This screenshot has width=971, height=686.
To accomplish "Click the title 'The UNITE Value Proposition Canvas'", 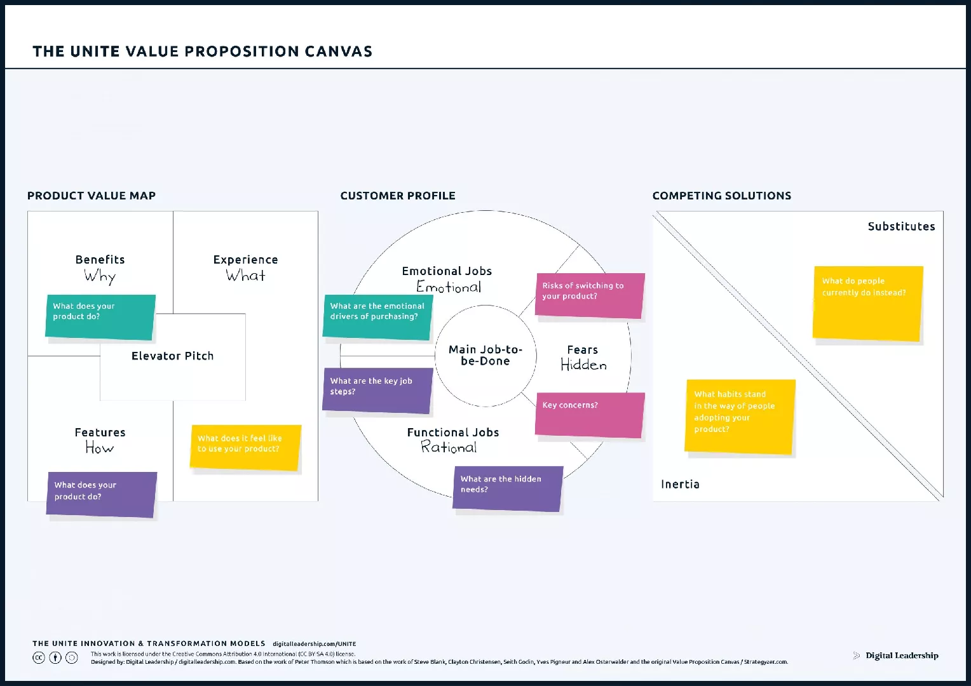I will pyautogui.click(x=202, y=51).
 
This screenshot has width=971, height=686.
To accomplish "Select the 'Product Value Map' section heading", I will pyautogui.click(x=92, y=196).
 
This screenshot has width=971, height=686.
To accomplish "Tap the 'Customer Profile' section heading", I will pyautogui.click(x=398, y=196).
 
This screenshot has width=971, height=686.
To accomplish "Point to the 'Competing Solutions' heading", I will pyautogui.click(x=722, y=196).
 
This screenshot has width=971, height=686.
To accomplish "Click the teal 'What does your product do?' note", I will pyautogui.click(x=100, y=316).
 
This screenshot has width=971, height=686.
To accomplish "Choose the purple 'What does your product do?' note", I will pyautogui.click(x=102, y=494).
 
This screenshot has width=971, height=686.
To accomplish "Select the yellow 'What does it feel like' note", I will pyautogui.click(x=245, y=448).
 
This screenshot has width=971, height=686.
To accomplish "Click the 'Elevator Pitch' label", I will pyautogui.click(x=172, y=356).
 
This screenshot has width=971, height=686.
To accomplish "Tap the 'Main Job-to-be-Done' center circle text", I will pyautogui.click(x=485, y=355).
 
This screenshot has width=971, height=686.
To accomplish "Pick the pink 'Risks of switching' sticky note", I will pyautogui.click(x=590, y=295).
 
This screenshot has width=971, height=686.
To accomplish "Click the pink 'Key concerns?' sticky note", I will pyautogui.click(x=590, y=415).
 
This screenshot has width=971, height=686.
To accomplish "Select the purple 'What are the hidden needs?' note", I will pyautogui.click(x=508, y=488).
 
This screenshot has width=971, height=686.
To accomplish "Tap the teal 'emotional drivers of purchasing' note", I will pyautogui.click(x=377, y=316).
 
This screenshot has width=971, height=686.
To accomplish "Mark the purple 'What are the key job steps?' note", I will pyautogui.click(x=377, y=391).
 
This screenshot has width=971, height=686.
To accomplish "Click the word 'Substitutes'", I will pyautogui.click(x=901, y=227).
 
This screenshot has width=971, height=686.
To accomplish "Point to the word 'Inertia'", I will pyautogui.click(x=680, y=485).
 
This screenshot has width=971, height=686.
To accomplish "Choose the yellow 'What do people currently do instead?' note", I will pyautogui.click(x=867, y=303).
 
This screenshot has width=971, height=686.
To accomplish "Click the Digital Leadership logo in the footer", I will pyautogui.click(x=896, y=656).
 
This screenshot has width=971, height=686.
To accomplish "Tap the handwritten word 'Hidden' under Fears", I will pyautogui.click(x=583, y=365).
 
